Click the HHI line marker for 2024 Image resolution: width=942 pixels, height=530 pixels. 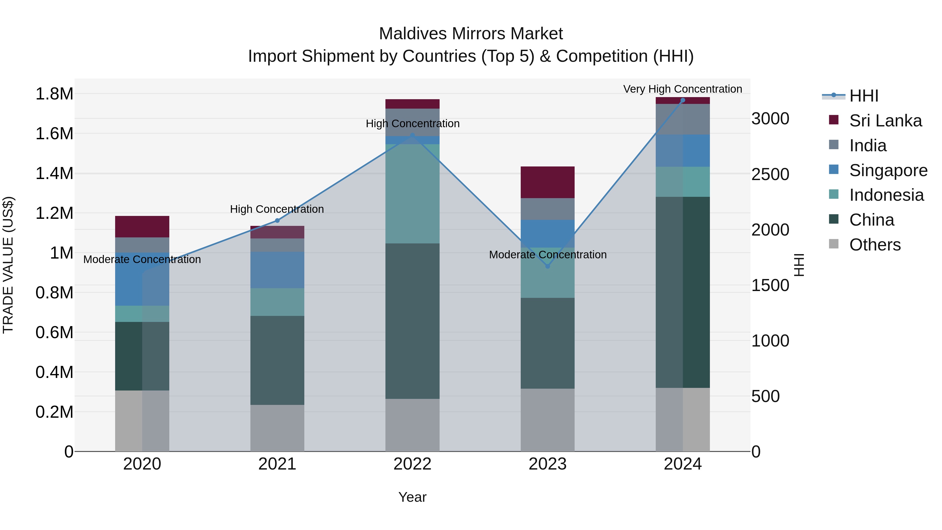coord(682,100)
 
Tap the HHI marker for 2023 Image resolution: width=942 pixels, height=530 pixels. coord(547,266)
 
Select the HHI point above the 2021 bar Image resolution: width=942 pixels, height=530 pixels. coord(277,221)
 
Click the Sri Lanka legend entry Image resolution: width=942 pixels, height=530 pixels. coord(885,121)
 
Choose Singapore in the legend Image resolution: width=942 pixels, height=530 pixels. coord(888,170)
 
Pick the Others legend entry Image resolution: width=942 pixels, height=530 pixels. coord(875,245)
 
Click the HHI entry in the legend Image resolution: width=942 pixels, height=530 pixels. coord(863,96)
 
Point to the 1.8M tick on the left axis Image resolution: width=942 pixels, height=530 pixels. coord(54,94)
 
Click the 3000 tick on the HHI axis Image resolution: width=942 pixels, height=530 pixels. coord(770,119)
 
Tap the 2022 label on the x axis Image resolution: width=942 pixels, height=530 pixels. coord(412,464)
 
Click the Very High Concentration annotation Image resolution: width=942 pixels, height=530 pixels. coord(682,89)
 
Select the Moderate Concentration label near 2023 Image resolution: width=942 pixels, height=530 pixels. coord(547,255)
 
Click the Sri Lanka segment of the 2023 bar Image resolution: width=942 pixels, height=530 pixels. coord(547,182)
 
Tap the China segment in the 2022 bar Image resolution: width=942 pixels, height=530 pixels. coord(412,321)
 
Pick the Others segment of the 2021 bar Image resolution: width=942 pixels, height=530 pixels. coord(277,428)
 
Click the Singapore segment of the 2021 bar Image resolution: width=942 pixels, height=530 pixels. coord(277,270)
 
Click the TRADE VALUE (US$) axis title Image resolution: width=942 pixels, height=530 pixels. coord(8,265)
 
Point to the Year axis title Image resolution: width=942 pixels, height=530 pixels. coord(412,497)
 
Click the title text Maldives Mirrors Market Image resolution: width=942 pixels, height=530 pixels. coord(471,34)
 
